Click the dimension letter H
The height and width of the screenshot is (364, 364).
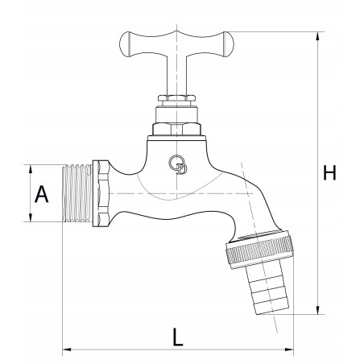pos(329,173)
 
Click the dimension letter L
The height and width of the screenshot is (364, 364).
pos(177,337)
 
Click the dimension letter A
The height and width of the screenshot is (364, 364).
pos(42,194)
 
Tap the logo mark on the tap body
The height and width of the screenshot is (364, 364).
pos(178,164)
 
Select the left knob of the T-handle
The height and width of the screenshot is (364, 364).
pos(125,44)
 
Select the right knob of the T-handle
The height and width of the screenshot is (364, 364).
pos(229,44)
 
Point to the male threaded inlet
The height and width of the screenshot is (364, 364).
pos(77,193)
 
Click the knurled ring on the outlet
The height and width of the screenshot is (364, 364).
pos(259,250)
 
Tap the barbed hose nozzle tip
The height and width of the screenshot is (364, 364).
pos(268,290)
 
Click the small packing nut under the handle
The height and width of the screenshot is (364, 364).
pos(176,98)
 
